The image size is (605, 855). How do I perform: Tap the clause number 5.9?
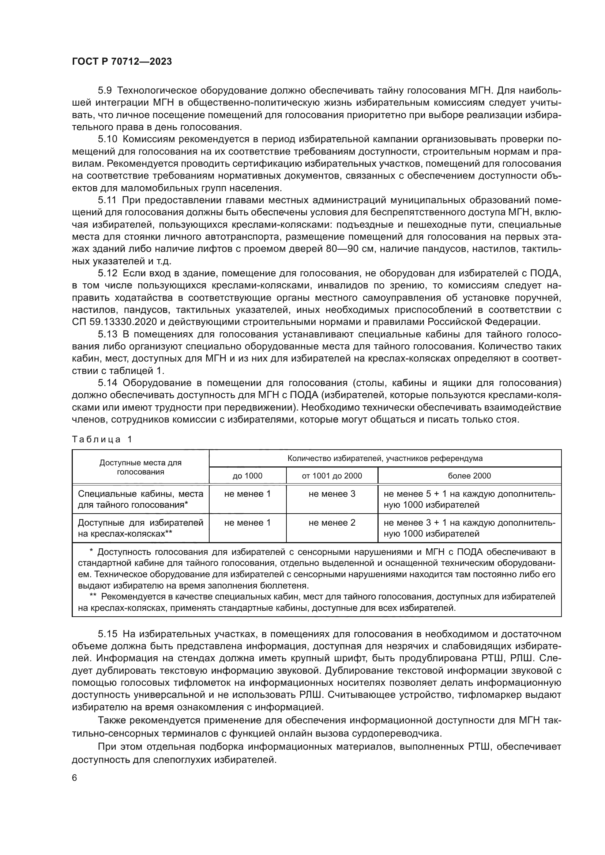click(x=105, y=91)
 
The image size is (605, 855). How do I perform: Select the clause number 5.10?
click(x=108, y=139)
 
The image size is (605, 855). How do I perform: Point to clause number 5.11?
click(x=107, y=200)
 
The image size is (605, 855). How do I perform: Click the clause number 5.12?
click(x=108, y=274)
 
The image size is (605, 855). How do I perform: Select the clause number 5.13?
click(x=108, y=334)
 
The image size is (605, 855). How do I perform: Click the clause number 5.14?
click(x=108, y=383)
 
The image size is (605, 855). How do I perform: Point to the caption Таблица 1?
click(x=102, y=439)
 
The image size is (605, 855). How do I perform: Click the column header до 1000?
click(x=247, y=476)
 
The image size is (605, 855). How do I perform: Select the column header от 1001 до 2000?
click(x=331, y=476)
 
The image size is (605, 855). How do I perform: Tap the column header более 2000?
click(x=469, y=476)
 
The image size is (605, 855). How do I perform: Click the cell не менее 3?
click(x=331, y=494)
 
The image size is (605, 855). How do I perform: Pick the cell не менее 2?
click(x=331, y=523)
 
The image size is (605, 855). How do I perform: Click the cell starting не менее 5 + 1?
click(x=469, y=499)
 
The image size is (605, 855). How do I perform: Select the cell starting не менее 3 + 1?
click(x=469, y=528)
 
